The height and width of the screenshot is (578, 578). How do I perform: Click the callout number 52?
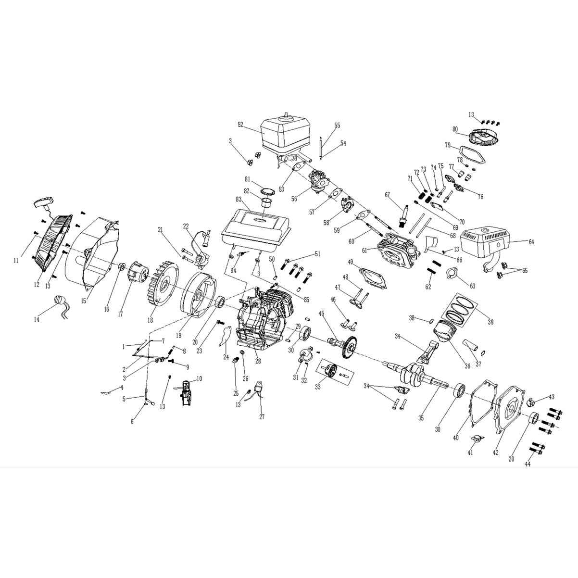click(x=240, y=125)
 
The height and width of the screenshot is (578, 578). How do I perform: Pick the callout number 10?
click(x=199, y=379)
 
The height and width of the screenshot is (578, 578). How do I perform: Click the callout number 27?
click(x=262, y=416)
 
